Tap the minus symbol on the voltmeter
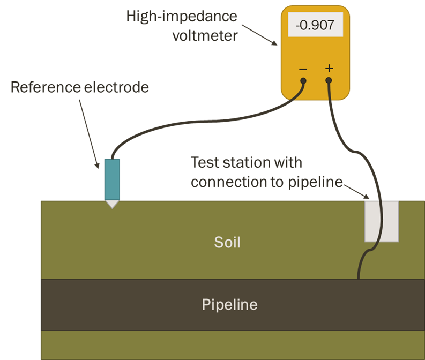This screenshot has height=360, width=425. [303, 69]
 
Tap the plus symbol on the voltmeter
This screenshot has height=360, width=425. [329, 69]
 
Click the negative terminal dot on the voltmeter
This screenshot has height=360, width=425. [303, 81]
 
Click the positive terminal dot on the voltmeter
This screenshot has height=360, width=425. [329, 81]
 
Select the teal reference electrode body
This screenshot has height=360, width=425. [112, 179]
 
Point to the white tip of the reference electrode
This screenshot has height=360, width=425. [112, 204]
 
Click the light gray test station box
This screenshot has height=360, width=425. [381, 221]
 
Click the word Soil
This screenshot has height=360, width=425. [227, 242]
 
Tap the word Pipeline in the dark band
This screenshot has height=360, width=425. [229, 305]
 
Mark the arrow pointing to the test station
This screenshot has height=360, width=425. [355, 190]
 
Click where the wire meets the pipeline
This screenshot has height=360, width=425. [358, 279]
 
